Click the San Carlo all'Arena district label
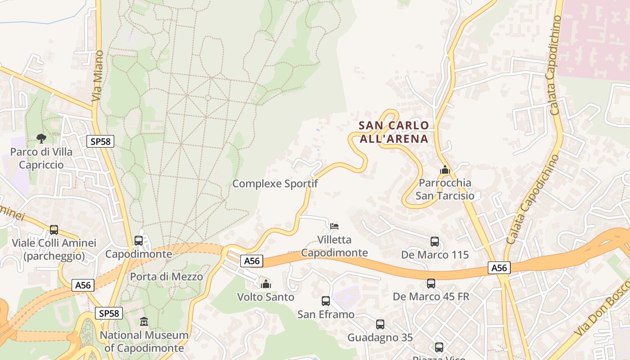(394, 132)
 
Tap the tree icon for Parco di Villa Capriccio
(41, 138)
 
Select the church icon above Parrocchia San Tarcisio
(445, 170)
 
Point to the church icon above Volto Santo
(266, 284)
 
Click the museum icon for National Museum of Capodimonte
(144, 322)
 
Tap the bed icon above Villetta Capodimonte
(334, 226)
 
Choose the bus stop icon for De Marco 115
(435, 242)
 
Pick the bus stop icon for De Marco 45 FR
(431, 283)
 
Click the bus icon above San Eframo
(326, 301)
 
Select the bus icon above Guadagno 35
(380, 324)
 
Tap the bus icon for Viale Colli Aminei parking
(54, 230)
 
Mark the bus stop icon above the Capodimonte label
(139, 241)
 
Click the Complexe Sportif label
(275, 184)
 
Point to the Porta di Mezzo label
(166, 276)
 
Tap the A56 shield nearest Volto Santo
(251, 261)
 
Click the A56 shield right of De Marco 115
(499, 268)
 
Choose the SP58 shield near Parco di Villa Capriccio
(100, 141)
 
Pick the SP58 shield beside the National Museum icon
(109, 313)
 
